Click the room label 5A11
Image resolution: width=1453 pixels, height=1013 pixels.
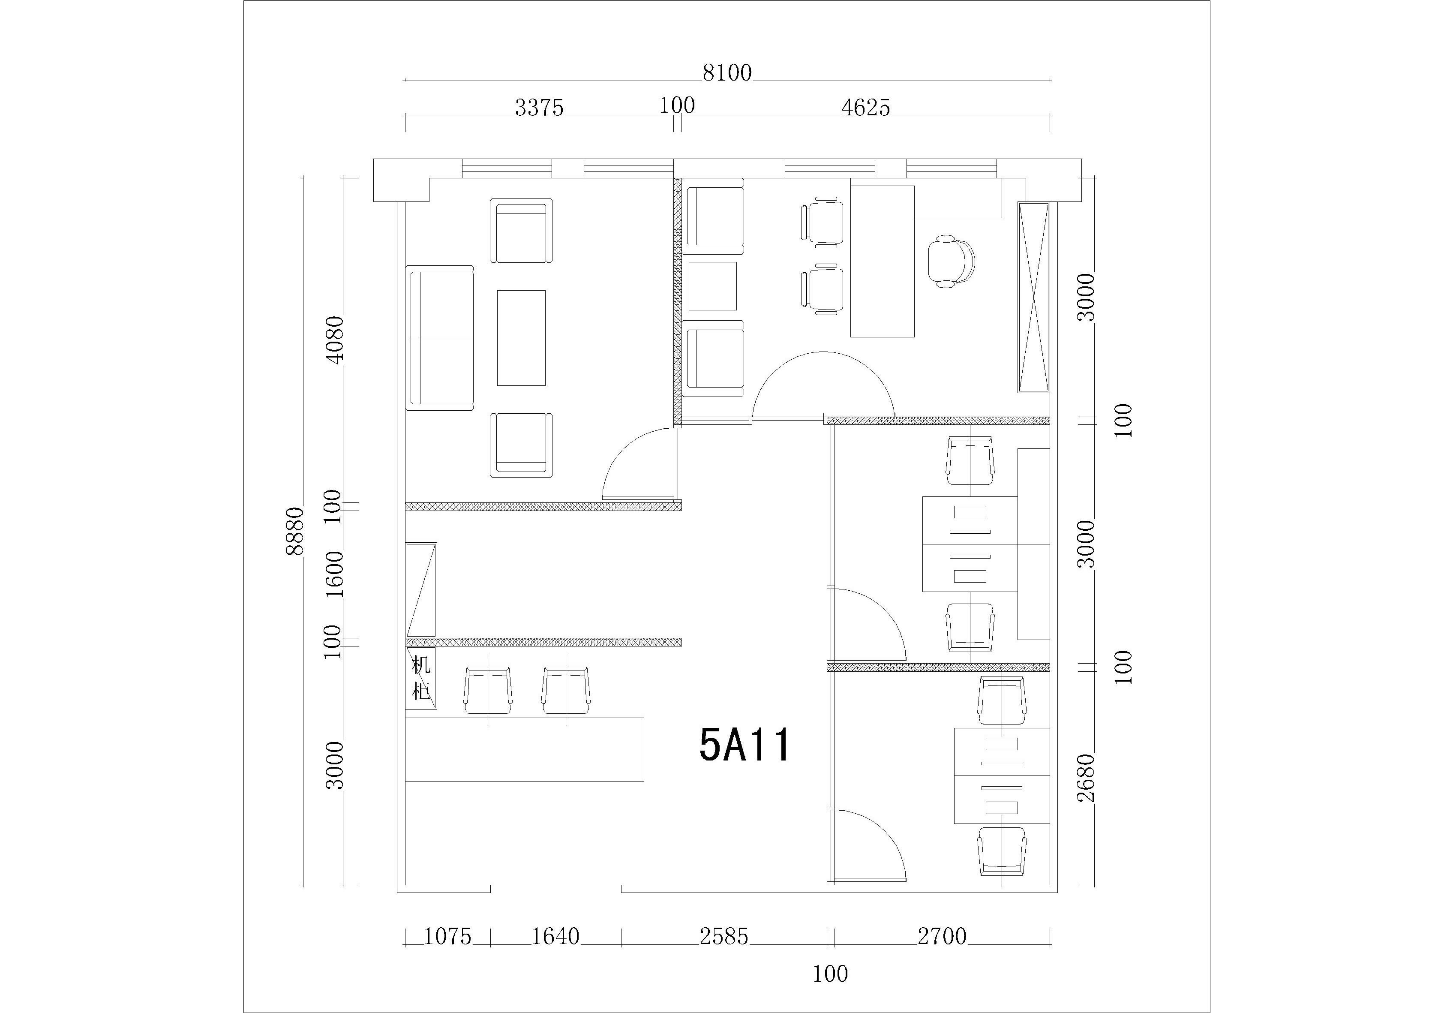click(745, 745)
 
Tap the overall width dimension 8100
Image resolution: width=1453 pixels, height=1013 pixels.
click(727, 73)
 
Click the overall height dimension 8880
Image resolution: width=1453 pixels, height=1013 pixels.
click(295, 531)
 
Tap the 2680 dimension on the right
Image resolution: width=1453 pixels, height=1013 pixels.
click(1086, 778)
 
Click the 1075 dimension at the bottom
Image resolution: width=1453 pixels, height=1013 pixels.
click(447, 936)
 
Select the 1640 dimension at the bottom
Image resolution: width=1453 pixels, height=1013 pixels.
click(555, 936)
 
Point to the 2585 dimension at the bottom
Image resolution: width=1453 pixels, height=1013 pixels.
click(724, 936)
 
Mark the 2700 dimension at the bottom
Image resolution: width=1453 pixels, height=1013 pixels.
click(942, 936)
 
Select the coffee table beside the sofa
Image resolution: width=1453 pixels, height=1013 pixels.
click(521, 338)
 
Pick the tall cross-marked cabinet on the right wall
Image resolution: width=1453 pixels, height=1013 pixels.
click(1033, 298)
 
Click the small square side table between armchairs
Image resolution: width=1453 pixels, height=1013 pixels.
click(713, 286)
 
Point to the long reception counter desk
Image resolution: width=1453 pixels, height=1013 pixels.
click(525, 749)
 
